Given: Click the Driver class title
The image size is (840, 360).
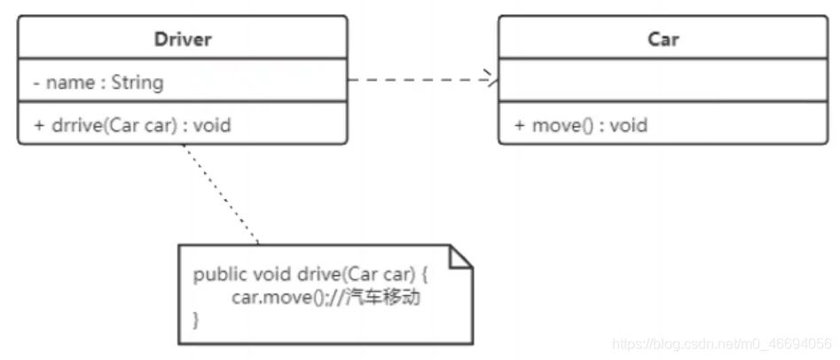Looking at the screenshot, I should [x=183, y=39].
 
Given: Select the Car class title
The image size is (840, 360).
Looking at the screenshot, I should [x=663, y=39].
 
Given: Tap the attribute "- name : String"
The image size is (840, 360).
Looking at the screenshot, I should [x=98, y=82].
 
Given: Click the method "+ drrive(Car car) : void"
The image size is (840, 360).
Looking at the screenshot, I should [x=132, y=125].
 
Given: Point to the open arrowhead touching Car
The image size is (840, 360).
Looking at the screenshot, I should [x=491, y=80].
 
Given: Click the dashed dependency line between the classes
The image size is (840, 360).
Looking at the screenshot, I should [x=417, y=80].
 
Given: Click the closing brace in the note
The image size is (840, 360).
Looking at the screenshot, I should [x=197, y=320].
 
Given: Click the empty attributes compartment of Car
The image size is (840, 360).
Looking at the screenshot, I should [x=663, y=82].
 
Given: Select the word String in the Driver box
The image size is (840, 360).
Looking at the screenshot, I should [x=137, y=82].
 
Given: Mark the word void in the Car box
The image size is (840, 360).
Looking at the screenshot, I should [x=627, y=125].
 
